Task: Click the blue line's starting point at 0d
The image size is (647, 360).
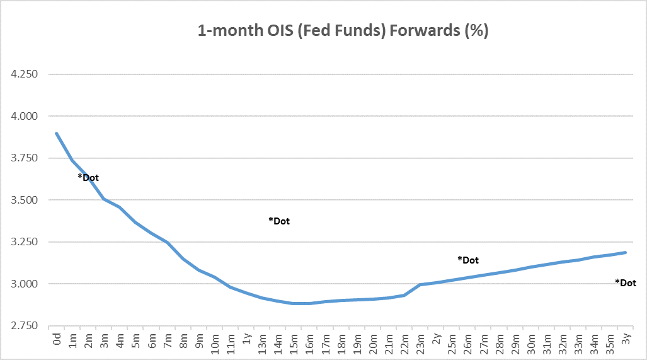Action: tap(57, 133)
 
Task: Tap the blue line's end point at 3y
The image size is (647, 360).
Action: tap(626, 252)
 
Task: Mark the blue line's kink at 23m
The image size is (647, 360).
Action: tap(420, 285)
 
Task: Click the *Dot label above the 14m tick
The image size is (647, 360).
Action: tap(279, 221)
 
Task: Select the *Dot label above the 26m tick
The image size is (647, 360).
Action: tap(468, 260)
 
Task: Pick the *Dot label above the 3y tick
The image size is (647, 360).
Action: tap(626, 283)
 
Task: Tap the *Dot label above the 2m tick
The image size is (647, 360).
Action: tap(88, 178)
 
